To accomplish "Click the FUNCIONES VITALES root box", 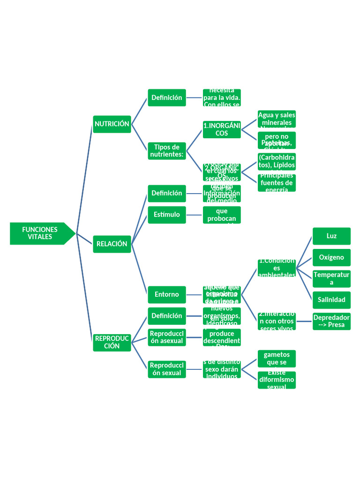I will (40, 233).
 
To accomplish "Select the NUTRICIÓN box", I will (112, 124).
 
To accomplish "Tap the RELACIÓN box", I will (112, 244).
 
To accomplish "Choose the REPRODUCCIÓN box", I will (112, 342).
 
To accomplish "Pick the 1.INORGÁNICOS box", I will (222, 129).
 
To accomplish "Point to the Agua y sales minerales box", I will (277, 119).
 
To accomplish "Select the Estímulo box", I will (167, 215).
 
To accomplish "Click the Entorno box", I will (167, 294).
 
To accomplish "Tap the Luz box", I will (331, 236).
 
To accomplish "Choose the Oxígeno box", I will (331, 257).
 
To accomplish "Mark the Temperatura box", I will (331, 278).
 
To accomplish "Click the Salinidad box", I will (331, 300).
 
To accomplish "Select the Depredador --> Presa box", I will (331, 321).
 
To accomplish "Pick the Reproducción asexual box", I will (167, 337).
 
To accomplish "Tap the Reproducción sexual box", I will (167, 369).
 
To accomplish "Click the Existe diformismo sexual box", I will (277, 380).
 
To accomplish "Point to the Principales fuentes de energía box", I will (277, 183).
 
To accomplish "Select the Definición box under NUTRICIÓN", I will (167, 97).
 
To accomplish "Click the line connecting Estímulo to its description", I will (195, 215).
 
